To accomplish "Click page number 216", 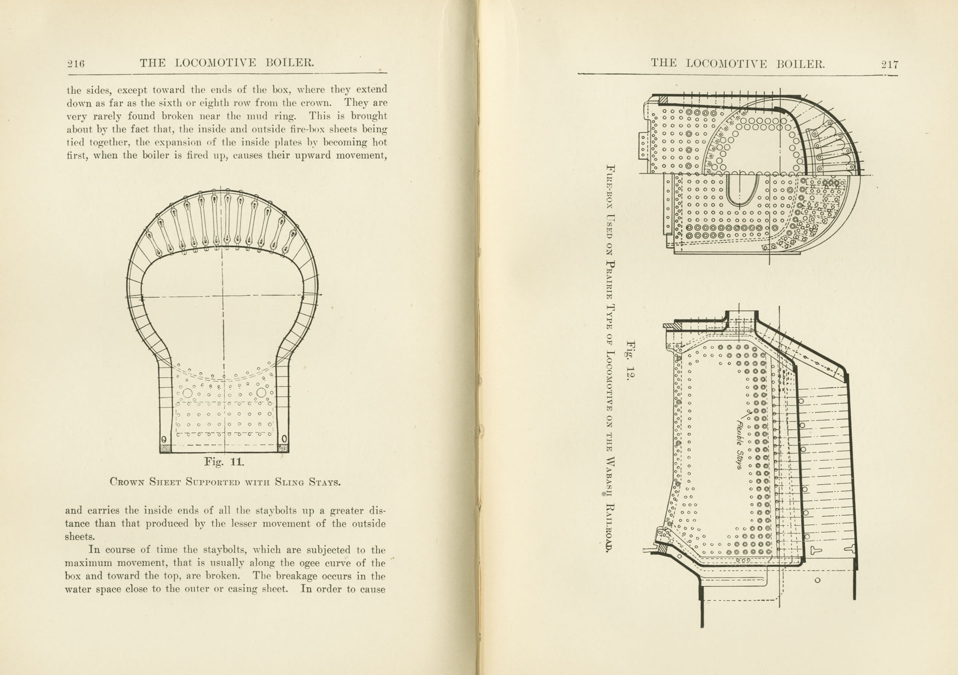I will tap(75, 64).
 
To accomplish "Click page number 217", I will tap(889, 64).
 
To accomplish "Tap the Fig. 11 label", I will tap(224, 462).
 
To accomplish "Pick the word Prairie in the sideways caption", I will tap(611, 281).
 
